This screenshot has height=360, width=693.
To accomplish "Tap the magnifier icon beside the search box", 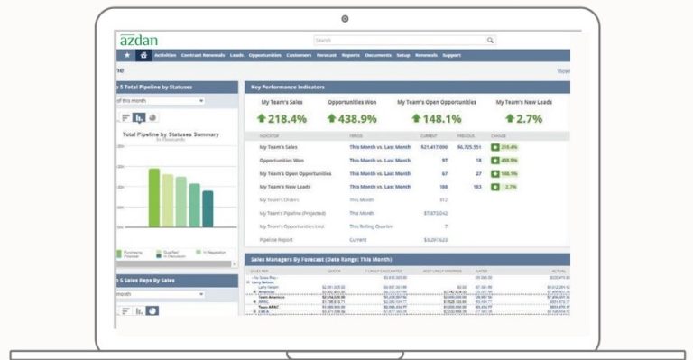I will pos(490,41).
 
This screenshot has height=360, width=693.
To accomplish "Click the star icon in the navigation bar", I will pos(127,55).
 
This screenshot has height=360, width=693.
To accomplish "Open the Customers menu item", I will pos(299,55).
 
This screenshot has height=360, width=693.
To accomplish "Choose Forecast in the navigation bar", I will pos(327,55).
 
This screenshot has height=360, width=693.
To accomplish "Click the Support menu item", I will pos(451,55).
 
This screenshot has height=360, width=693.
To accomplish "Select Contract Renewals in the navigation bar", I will pos(203,55).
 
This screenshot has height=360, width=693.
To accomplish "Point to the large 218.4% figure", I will pos(282,118).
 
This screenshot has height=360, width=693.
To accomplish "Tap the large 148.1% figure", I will pos(437,118).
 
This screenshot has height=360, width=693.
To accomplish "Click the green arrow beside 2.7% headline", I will pos(511,118).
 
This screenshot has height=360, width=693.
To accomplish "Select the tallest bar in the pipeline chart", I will pos(153,198).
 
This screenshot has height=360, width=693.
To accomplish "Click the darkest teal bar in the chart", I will pos(208,208).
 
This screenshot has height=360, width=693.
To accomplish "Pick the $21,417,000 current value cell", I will pos(434,146).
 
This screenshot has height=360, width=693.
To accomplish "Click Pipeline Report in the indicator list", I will pos(276,241).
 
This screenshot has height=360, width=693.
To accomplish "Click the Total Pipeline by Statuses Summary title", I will pos(171,134).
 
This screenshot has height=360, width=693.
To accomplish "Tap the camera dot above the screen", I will pos(345,18).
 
